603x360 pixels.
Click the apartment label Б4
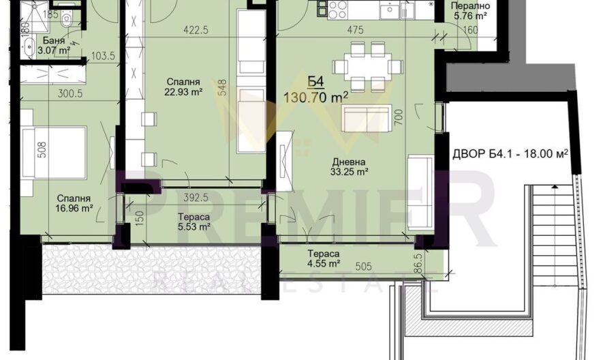(315, 82)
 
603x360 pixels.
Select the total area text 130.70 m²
(315, 97)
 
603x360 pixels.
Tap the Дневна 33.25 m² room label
(349, 167)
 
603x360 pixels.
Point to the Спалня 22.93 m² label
(183, 87)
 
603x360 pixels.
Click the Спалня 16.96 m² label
(74, 203)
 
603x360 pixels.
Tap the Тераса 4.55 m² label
(324, 258)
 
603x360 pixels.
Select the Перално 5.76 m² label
(470, 11)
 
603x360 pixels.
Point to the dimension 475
(356, 30)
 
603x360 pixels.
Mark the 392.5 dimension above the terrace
(196, 198)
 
